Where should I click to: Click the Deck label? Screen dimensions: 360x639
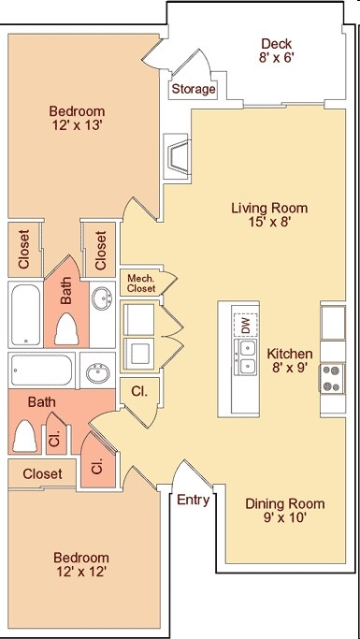pyautogui.click(x=277, y=43)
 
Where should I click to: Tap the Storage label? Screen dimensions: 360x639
pyautogui.click(x=194, y=89)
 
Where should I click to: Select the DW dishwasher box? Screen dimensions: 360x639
pyautogui.click(x=245, y=325)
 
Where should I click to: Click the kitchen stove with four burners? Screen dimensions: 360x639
pyautogui.click(x=331, y=379)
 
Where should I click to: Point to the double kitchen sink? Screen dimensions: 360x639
pyautogui.click(x=246, y=357)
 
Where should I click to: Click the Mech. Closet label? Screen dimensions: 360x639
pyautogui.click(x=141, y=283)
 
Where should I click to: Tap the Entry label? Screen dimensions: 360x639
pyautogui.click(x=194, y=500)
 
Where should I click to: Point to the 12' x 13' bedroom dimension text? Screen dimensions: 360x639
pyautogui.click(x=77, y=124)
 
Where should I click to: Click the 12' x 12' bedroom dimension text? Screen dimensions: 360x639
pyautogui.click(x=81, y=572)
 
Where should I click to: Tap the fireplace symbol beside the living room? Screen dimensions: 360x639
pyautogui.click(x=177, y=156)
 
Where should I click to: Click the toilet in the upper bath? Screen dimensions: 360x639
pyautogui.click(x=66, y=329)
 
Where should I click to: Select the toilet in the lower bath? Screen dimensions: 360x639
pyautogui.click(x=24, y=436)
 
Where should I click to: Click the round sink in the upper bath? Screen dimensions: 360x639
pyautogui.click(x=103, y=298)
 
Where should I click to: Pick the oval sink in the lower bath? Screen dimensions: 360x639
pyautogui.click(x=98, y=374)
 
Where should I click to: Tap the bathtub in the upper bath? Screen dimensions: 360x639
pyautogui.click(x=25, y=314)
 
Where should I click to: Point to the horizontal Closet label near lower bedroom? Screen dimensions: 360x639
pyautogui.click(x=43, y=473)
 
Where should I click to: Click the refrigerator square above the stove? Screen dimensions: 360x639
pyautogui.click(x=333, y=323)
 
